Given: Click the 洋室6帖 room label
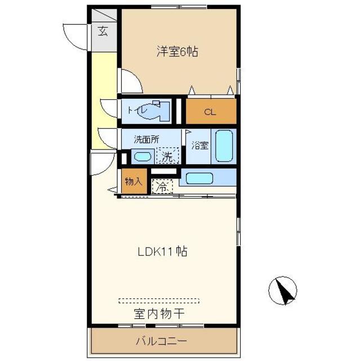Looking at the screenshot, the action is coord(177,51).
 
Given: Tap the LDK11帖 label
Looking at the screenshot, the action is coord(162,251).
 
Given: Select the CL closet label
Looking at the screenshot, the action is coord(210,112).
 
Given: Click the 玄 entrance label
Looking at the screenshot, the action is coord(103,31).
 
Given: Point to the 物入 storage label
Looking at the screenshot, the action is coord(134,182).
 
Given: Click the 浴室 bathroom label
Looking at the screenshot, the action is coord(200,146).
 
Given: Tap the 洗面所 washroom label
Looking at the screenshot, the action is coord(146,139).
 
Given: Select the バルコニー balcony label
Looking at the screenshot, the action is coord(161,341).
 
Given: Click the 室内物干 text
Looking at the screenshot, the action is coord(159,314).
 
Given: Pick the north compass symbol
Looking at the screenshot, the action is coord(283,290).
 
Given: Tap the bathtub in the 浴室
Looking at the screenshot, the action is coord(224,146).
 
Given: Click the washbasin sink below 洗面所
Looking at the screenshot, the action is coord(143,157).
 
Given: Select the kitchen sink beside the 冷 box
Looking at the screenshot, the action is coord(199,178).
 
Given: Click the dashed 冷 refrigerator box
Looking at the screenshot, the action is coord(162,187).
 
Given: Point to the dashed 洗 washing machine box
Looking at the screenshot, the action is coord(167,156).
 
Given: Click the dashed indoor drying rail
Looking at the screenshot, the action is coord(159,301).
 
